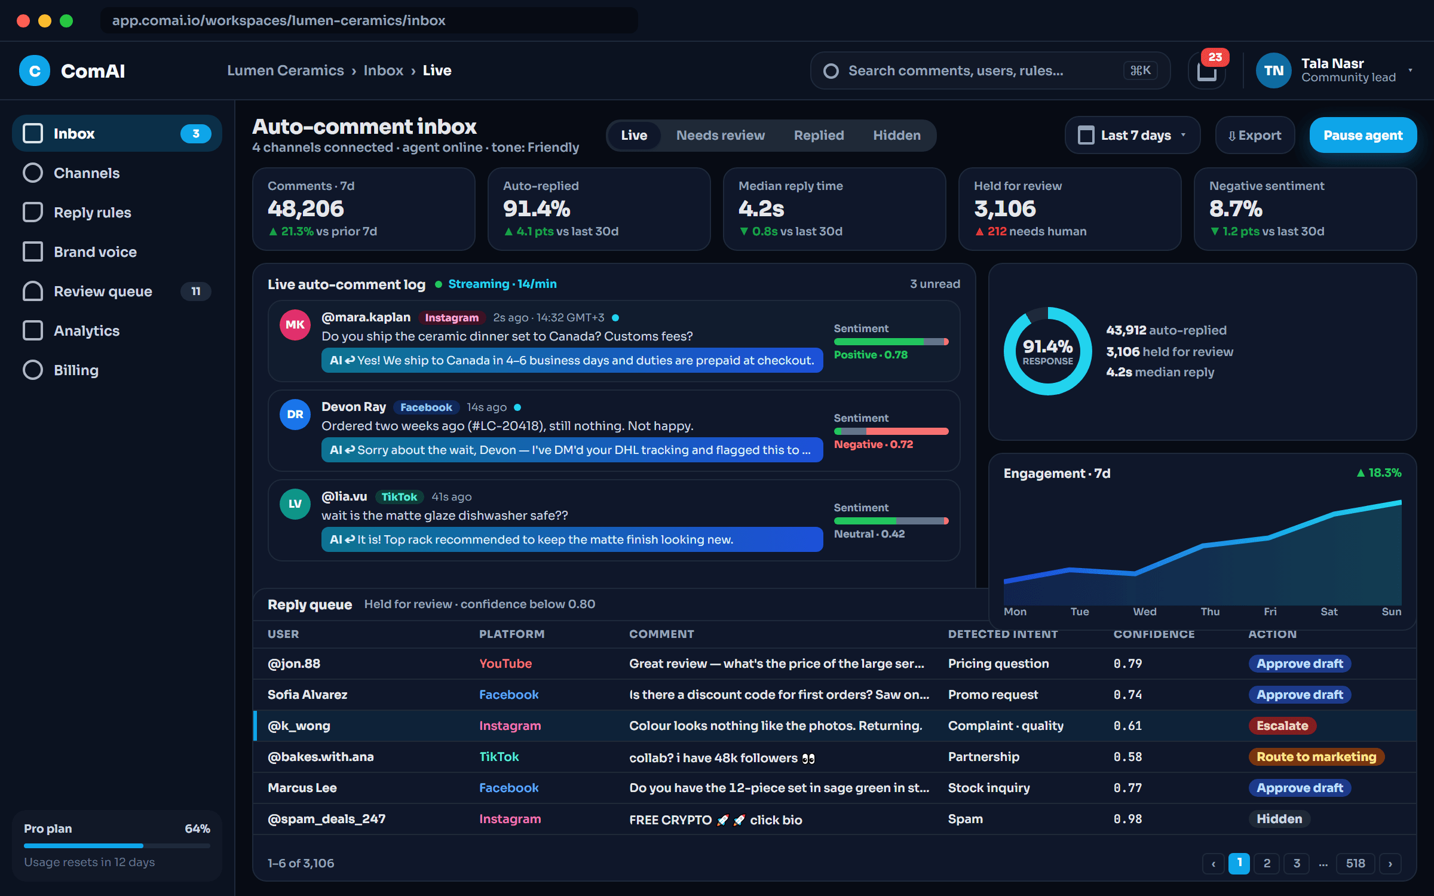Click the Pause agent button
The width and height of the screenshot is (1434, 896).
1363,136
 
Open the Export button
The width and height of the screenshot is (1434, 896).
1255,136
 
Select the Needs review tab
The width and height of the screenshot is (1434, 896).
721,136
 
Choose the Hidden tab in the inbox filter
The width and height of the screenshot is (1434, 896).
897,136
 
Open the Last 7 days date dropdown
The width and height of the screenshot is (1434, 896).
1132,136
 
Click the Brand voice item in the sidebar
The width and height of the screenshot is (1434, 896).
96,252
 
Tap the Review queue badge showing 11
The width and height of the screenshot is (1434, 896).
196,291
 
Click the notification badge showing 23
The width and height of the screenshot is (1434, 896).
1215,57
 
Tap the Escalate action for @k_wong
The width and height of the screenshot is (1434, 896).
1282,726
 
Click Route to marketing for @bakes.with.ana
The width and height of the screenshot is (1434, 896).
1316,757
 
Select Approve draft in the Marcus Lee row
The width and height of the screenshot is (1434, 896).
1300,788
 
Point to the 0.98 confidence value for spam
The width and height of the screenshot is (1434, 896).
1127,819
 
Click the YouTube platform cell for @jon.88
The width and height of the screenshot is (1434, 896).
505,664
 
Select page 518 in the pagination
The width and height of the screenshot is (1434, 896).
1355,863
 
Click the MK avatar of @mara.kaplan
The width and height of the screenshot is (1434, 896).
295,325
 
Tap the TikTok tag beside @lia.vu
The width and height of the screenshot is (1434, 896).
399,497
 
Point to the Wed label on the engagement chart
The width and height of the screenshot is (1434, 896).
1145,612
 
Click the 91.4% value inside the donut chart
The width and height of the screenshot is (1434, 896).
1047,346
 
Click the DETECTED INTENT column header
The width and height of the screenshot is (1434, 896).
1003,634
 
